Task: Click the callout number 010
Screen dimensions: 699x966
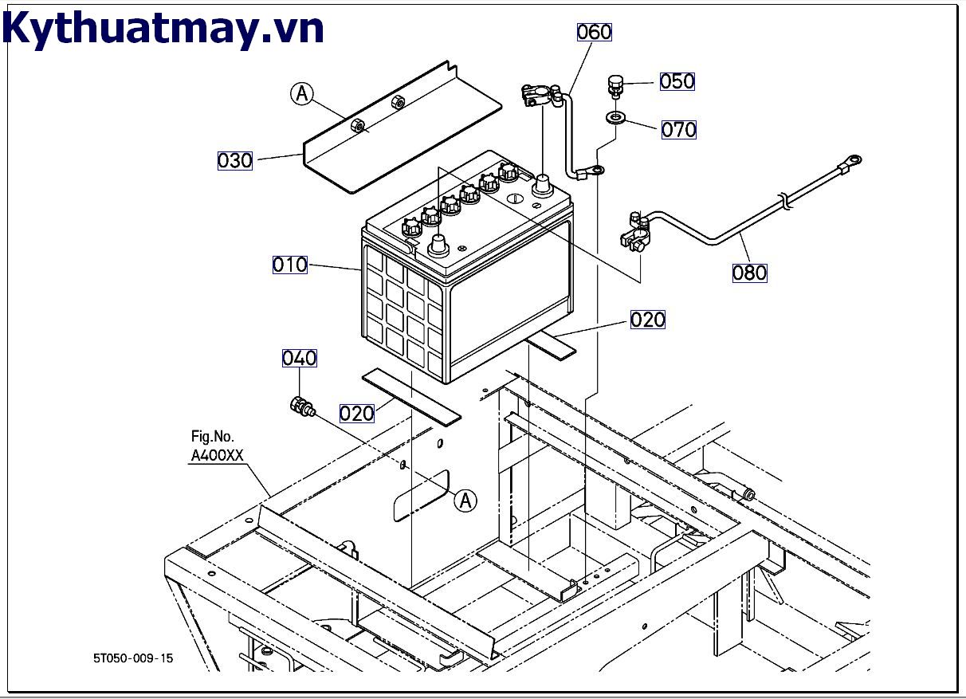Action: point(289,265)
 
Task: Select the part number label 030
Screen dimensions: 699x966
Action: point(235,160)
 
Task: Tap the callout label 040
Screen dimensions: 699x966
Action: point(299,358)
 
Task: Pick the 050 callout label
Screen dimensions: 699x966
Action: point(677,81)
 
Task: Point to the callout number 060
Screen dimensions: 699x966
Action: point(594,32)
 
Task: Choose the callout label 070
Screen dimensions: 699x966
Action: point(678,129)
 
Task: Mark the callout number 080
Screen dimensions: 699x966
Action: point(749,273)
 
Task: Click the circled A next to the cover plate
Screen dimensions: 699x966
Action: point(301,94)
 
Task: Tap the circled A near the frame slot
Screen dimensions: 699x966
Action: point(466,501)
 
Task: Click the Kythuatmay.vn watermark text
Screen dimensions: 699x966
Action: point(163,29)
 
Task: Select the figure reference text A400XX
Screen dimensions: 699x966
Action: point(216,456)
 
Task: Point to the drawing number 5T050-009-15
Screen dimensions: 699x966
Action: point(132,658)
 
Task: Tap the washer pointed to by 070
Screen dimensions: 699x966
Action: point(615,118)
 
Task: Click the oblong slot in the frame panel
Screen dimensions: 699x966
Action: point(422,496)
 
